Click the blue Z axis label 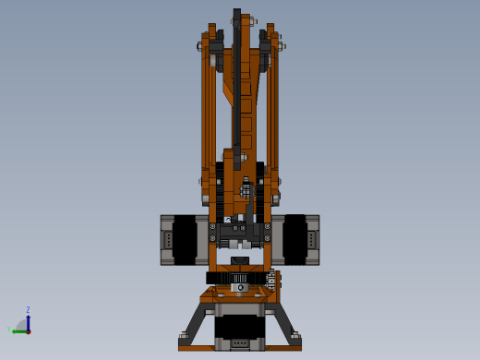coord(28,310)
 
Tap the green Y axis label coord(9,328)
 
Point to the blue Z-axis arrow coord(28,321)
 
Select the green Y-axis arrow coord(18,330)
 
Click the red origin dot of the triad coord(29,331)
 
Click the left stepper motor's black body coord(185,240)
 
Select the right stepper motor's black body coord(294,240)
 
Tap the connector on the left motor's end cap coord(167,240)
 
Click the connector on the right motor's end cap coord(313,240)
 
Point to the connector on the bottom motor coord(239,344)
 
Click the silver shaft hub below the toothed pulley coord(240,288)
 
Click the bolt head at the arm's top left coord(199,45)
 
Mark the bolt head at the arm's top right coord(281,45)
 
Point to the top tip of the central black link coord(237,14)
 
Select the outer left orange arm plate coord(207,111)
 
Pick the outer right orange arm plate coord(273,111)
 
